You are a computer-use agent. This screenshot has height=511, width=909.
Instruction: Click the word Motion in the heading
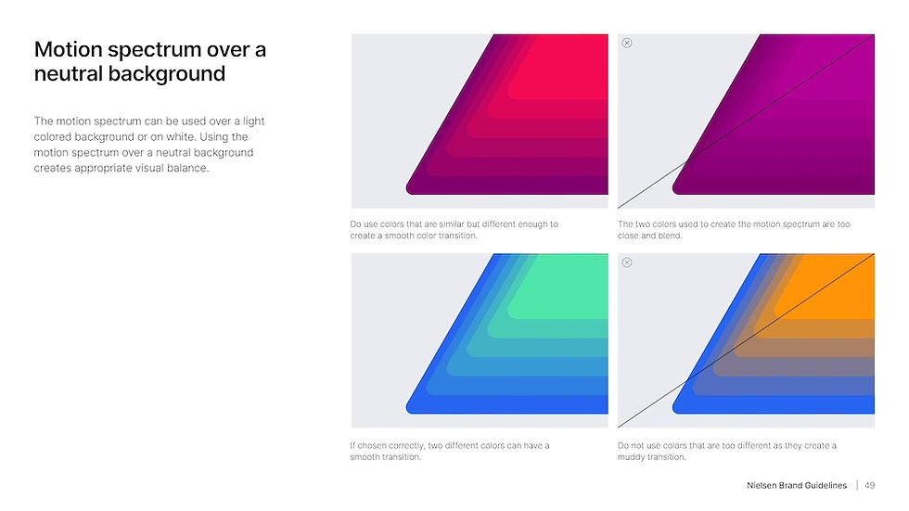(x=66, y=50)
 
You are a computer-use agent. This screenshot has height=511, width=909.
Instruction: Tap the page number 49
(x=869, y=486)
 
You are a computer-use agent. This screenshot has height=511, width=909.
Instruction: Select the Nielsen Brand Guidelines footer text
(x=797, y=486)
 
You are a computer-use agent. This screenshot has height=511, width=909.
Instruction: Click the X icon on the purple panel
(x=627, y=43)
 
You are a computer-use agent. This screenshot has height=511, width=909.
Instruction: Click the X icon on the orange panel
(x=627, y=262)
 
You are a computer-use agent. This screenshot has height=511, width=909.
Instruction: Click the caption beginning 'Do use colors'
(x=454, y=230)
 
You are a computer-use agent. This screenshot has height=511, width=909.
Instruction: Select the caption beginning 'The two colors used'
(x=733, y=230)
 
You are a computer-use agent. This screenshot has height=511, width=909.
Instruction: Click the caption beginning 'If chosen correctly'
(x=449, y=451)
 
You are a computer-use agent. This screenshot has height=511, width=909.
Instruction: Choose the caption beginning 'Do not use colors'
(x=726, y=451)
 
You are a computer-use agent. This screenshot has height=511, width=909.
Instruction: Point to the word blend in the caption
(x=670, y=236)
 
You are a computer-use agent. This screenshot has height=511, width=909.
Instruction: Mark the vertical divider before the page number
(x=857, y=486)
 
